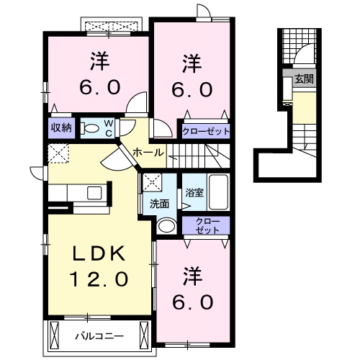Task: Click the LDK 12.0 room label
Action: pyautogui.click(x=100, y=265)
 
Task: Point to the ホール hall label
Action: pyautogui.click(x=146, y=152)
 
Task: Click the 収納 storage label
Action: pyautogui.click(x=60, y=127)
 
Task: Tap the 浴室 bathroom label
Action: pyautogui.click(x=194, y=193)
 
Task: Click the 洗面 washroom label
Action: pyautogui.click(x=159, y=203)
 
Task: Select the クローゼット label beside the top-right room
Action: pyautogui.click(x=205, y=131)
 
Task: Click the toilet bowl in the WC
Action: pyautogui.click(x=90, y=128)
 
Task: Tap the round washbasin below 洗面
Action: pyautogui.click(x=165, y=226)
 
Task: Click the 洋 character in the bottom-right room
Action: pyautogui.click(x=192, y=274)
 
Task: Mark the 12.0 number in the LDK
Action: pyautogui.click(x=99, y=277)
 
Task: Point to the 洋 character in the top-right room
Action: pyautogui.click(x=191, y=63)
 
